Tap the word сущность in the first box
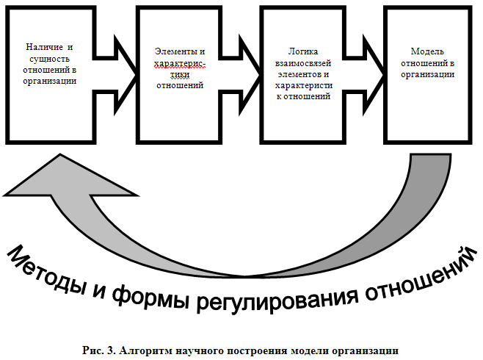(50, 59)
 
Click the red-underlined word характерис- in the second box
(180, 63)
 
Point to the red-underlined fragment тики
(180, 74)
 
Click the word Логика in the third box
(303, 51)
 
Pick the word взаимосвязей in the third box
(303, 63)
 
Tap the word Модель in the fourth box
(427, 51)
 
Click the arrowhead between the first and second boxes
(125, 75)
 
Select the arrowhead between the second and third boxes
(250, 75)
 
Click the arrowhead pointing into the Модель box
(374, 75)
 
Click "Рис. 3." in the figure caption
(98, 350)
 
